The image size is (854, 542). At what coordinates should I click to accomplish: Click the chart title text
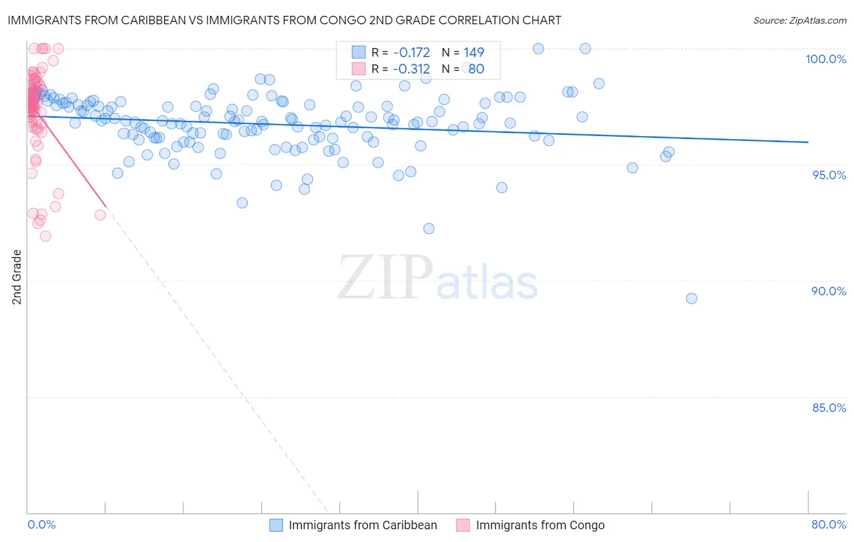[x=284, y=20]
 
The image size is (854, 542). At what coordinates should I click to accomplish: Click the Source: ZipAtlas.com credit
[x=799, y=20]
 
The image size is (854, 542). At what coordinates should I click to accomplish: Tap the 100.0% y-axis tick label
[x=825, y=59]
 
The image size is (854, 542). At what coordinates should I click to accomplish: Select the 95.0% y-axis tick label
[x=829, y=175]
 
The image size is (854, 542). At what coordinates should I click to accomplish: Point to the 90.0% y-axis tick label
[x=829, y=291]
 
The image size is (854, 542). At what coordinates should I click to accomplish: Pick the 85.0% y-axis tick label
[x=829, y=408]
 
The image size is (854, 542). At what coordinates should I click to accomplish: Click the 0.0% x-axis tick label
[x=42, y=524]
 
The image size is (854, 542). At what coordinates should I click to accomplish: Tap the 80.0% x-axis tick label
[x=828, y=524]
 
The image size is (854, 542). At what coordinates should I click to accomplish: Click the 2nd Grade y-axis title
[x=17, y=277]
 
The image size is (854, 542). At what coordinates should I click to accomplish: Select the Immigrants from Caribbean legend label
[x=363, y=525]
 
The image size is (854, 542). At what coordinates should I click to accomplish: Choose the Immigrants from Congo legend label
[x=540, y=525]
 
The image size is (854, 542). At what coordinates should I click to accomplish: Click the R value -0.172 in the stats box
[x=411, y=53]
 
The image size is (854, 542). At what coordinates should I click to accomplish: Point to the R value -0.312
[x=411, y=69]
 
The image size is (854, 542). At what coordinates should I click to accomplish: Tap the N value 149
[x=474, y=53]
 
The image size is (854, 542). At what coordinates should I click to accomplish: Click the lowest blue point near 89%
[x=691, y=298]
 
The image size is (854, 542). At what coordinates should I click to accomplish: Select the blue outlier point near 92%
[x=429, y=228]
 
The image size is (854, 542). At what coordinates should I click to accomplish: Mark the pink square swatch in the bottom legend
[x=463, y=525]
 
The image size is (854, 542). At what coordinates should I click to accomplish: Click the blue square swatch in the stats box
[x=358, y=52]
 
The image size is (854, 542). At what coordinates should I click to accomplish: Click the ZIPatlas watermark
[x=437, y=278]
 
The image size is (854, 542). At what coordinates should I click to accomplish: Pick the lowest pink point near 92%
[x=46, y=236]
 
